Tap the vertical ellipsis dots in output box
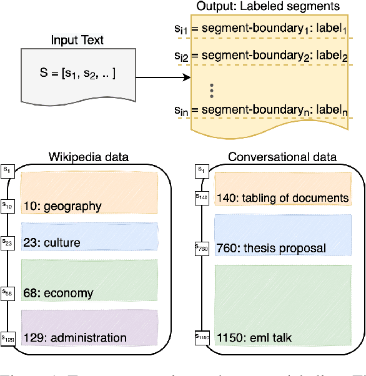(212, 90)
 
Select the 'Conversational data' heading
(282, 157)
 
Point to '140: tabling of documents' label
(282, 198)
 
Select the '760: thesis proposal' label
(271, 248)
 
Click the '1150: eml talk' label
(255, 338)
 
